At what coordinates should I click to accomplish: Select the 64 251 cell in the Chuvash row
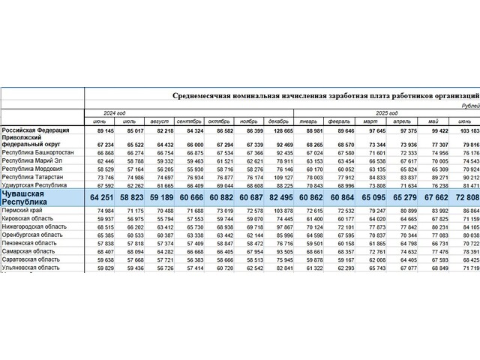[x=100, y=197]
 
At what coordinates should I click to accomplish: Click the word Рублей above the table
[x=469, y=106]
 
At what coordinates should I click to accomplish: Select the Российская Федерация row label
[x=36, y=130]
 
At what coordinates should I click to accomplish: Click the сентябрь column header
[x=189, y=121]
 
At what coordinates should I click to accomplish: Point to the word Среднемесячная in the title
[x=199, y=96]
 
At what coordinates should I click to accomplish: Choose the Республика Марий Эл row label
[x=34, y=160]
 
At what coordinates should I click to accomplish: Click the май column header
[x=433, y=121]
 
